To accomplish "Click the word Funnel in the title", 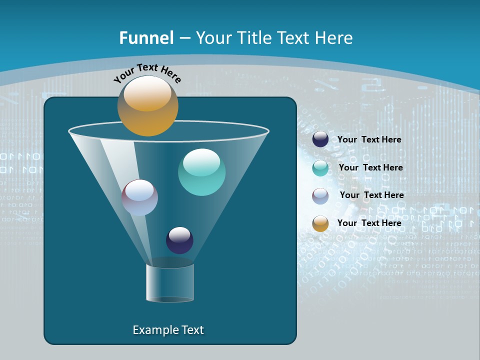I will [x=146, y=38].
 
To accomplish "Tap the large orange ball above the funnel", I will [x=147, y=106].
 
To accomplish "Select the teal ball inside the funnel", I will [x=201, y=172].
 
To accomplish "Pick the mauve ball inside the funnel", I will [x=139, y=197].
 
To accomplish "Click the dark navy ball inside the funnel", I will [x=179, y=240].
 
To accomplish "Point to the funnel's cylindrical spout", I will [x=169, y=283].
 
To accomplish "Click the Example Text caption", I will [x=168, y=330].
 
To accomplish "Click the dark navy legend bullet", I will [x=320, y=139].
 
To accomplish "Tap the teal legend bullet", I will [x=320, y=168].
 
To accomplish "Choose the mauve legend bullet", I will [x=320, y=195].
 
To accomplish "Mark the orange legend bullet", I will [x=320, y=223].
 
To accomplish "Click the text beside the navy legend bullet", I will [x=369, y=140].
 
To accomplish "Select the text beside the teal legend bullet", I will [x=370, y=168].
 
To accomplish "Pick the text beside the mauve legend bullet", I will [x=371, y=195].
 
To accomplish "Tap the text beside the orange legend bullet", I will [x=369, y=223].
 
